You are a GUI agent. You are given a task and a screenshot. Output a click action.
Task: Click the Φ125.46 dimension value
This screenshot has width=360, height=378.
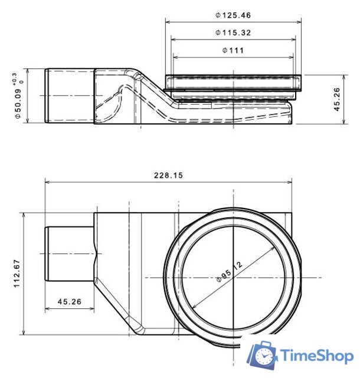click(x=233, y=15)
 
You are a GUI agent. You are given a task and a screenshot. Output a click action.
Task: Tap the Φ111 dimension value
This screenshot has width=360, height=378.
click(x=233, y=50)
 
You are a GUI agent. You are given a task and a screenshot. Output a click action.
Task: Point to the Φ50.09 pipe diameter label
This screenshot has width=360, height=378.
click(x=19, y=100)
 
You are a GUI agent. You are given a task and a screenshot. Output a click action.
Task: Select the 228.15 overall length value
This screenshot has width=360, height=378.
click(x=168, y=175)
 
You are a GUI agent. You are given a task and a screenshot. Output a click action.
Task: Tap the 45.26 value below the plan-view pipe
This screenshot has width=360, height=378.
click(x=69, y=302)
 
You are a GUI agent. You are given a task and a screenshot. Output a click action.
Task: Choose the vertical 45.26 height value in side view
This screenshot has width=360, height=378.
click(x=337, y=99)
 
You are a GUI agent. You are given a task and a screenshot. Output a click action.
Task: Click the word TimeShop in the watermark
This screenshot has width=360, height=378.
click(x=317, y=356)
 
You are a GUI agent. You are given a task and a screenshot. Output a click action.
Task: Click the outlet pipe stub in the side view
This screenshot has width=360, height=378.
click(x=70, y=96)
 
